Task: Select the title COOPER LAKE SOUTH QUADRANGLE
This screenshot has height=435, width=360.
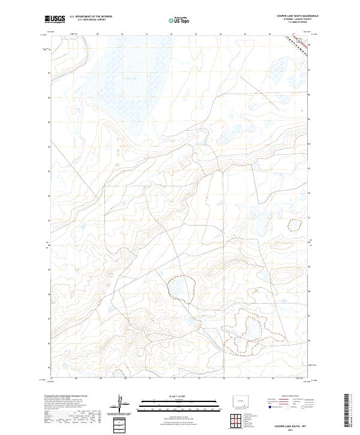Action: pyautogui.click(x=298, y=17)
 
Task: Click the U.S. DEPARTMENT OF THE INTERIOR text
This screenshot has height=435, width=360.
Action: pyautogui.click(x=91, y=17)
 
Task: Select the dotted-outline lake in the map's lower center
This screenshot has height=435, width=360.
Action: pyautogui.click(x=181, y=287)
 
